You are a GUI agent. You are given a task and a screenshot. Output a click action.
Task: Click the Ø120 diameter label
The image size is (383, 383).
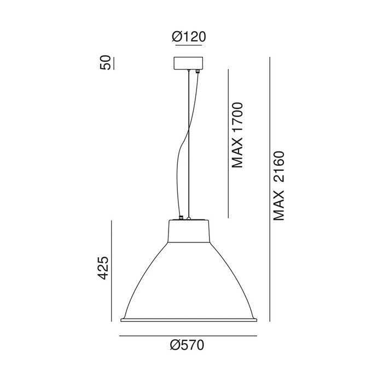[189, 37]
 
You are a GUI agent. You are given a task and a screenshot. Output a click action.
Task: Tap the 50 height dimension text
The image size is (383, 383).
[105, 63]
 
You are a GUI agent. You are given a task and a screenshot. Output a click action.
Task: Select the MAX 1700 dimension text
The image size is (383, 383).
[237, 135]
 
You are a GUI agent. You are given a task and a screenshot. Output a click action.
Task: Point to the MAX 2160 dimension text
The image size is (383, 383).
[278, 186]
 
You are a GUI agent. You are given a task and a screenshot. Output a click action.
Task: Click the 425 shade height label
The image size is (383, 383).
[103, 268]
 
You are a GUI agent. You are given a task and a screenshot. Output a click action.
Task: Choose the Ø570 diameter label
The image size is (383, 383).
[187, 345]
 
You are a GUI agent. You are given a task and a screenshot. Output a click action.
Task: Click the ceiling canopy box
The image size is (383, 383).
[188, 63]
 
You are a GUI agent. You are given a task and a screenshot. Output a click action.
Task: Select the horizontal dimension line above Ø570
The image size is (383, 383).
[188, 336]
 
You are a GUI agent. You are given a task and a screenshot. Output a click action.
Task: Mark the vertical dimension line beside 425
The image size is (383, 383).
[112, 271]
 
